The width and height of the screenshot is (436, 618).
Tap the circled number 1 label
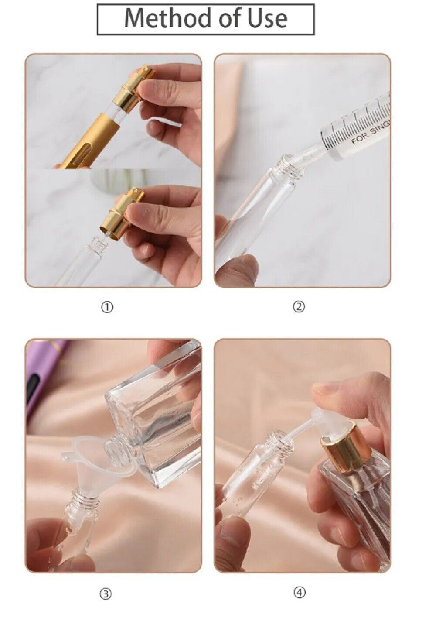[x=107, y=307]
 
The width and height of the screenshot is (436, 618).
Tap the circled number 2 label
[x=299, y=307]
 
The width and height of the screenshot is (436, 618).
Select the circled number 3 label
[x=106, y=594]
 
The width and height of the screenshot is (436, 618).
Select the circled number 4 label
[x=299, y=593]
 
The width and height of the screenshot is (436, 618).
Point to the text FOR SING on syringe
[x=371, y=133]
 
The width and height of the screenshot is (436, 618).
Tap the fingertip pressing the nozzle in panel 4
[x=327, y=388]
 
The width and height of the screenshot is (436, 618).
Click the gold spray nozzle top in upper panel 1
[x=144, y=72]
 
